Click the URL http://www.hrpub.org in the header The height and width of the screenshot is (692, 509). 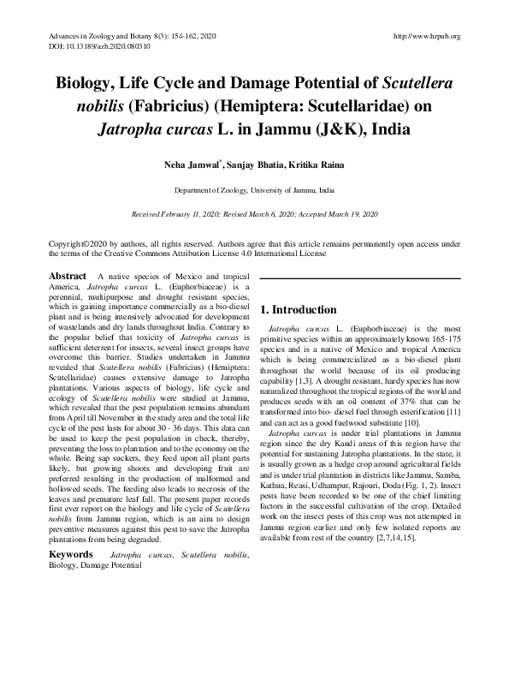[x=426, y=36]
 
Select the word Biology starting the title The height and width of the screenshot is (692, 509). [x=86, y=85]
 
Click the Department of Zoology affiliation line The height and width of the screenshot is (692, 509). [x=254, y=188]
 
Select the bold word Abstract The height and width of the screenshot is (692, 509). [x=68, y=277]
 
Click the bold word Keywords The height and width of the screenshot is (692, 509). [x=71, y=556]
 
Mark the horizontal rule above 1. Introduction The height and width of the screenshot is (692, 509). [x=360, y=278]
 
